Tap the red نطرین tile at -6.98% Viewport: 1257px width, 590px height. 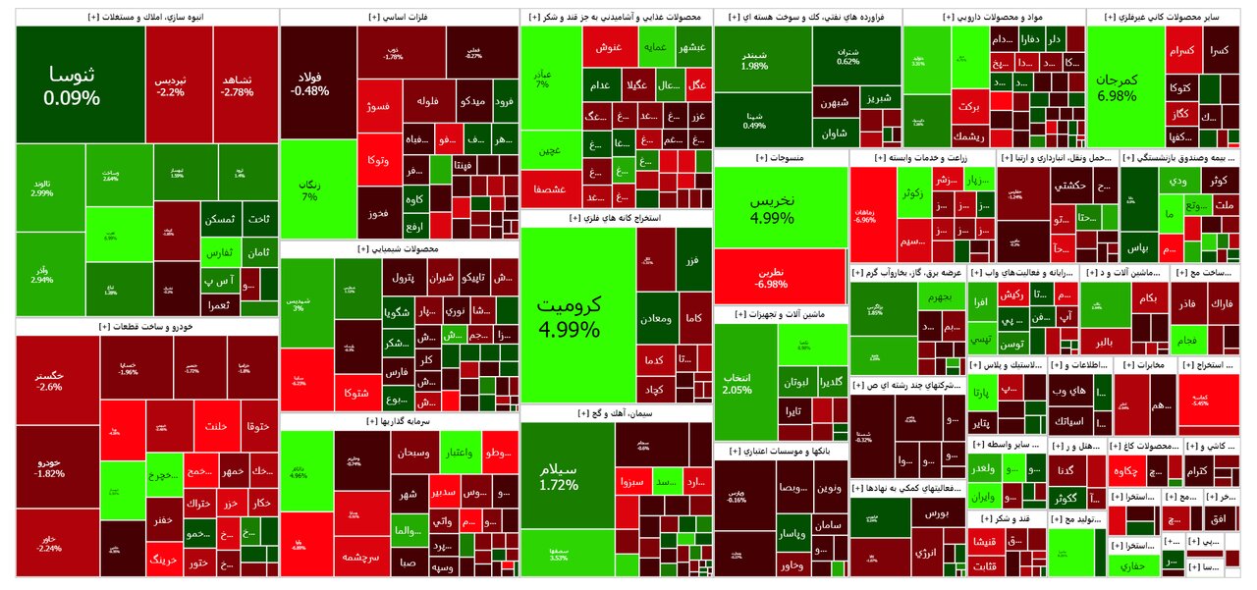click(x=779, y=276)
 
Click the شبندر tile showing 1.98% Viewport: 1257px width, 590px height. click(x=754, y=59)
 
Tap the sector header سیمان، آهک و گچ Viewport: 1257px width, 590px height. click(x=617, y=414)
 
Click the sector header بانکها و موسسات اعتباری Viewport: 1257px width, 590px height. click(x=780, y=451)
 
